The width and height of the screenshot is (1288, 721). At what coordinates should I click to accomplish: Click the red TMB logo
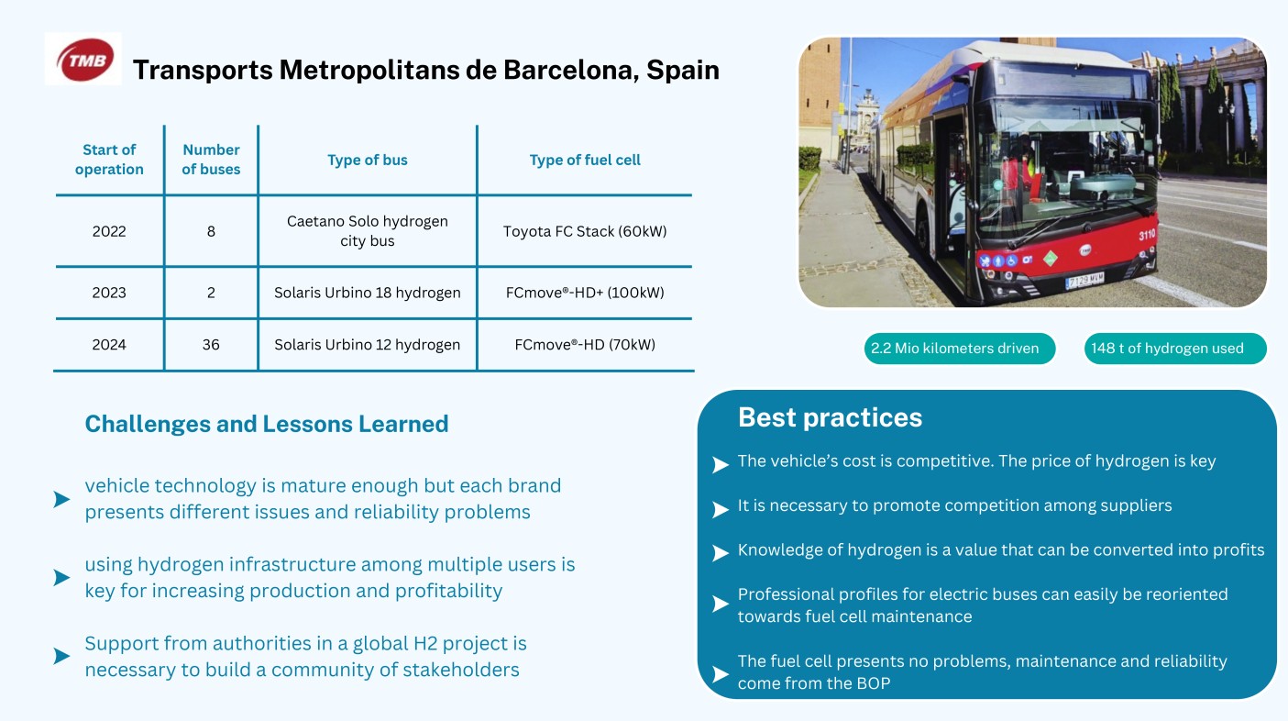[84, 60]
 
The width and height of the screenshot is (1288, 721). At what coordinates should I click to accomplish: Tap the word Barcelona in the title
[570, 71]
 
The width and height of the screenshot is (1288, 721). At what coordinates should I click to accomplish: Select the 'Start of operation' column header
[109, 160]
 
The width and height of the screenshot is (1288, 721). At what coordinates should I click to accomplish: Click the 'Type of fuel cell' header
[585, 160]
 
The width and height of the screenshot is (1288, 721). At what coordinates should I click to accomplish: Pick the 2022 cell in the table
[109, 231]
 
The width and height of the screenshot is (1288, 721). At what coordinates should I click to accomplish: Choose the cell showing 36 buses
[211, 345]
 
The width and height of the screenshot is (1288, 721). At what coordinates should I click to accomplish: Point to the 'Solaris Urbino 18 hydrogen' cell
[368, 293]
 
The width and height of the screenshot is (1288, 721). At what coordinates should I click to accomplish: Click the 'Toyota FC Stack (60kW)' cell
[585, 231]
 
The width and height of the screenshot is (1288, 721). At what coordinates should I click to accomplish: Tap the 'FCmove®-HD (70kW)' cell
[585, 345]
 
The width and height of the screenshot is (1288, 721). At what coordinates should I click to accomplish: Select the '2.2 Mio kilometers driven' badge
[960, 349]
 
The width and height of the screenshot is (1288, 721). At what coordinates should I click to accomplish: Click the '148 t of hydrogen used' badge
[1175, 349]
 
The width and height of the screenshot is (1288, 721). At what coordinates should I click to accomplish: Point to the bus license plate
[1084, 280]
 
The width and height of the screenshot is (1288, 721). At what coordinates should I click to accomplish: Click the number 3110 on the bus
[1147, 235]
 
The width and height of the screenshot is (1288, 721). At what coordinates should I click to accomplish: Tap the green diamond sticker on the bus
[1051, 258]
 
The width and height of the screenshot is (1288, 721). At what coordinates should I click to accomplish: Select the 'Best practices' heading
[830, 417]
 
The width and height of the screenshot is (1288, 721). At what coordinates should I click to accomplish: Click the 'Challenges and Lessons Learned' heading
[266, 424]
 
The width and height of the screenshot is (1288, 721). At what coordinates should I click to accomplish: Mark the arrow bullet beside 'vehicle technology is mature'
[61, 499]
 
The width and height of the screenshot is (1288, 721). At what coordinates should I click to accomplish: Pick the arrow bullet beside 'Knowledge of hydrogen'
[721, 553]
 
